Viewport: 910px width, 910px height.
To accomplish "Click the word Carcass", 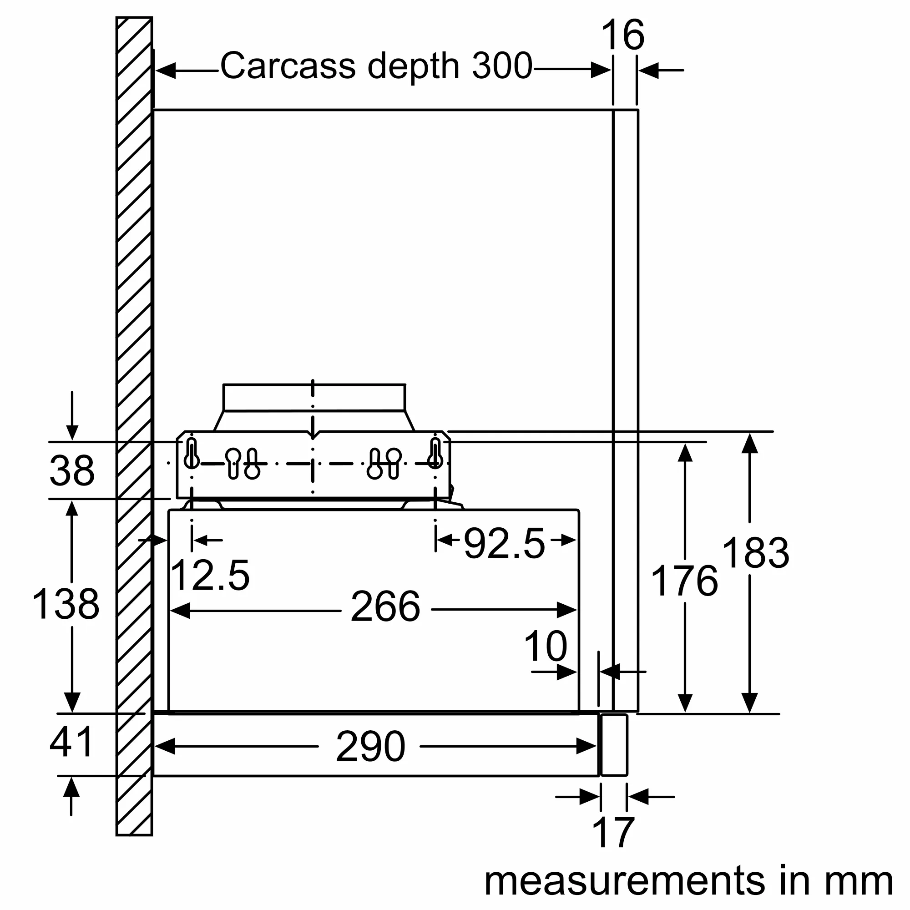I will (x=288, y=66).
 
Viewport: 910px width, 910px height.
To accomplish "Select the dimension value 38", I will (x=71, y=470).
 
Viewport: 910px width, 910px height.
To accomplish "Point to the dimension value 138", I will (x=66, y=604).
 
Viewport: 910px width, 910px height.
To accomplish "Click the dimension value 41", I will (x=71, y=742).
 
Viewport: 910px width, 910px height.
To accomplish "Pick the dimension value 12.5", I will (x=210, y=575).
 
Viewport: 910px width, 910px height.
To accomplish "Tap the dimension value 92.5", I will (x=505, y=544).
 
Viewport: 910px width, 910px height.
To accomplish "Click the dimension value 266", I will (x=385, y=607).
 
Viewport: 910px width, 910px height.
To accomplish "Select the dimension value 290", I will (x=371, y=747).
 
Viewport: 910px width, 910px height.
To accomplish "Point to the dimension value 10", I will (x=546, y=647).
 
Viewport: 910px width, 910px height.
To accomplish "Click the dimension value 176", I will (x=684, y=581).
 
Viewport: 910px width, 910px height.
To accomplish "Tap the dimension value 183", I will (x=755, y=553).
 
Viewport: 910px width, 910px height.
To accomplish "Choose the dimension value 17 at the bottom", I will (x=613, y=833).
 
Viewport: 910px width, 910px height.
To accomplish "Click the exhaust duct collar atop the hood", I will (x=314, y=398).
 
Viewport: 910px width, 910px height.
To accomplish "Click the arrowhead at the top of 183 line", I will (x=749, y=444).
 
